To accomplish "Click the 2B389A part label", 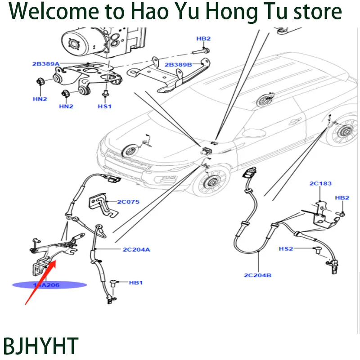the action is (45, 64).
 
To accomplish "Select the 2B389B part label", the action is (178, 65).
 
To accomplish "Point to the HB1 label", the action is (135, 283).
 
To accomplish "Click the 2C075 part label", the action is (128, 202).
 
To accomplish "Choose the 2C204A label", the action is (136, 249).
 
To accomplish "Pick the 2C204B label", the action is (258, 275).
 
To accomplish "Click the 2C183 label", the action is (320, 184).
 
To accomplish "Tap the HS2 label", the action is (286, 248).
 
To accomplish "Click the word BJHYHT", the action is (40, 346).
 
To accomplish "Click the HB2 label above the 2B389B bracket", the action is (203, 39).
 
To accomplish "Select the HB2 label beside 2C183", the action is (342, 198).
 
